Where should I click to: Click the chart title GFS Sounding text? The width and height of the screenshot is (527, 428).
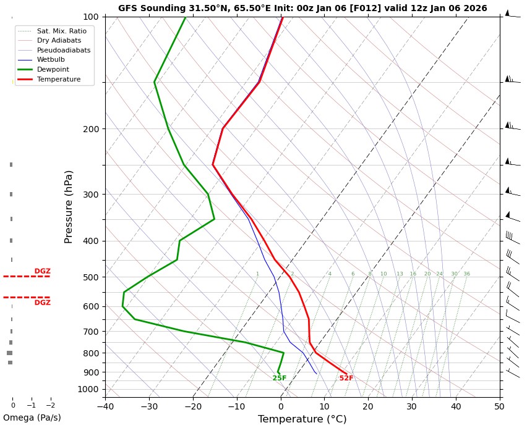tap(302, 9)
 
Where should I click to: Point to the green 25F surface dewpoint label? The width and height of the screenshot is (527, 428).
tap(280, 379)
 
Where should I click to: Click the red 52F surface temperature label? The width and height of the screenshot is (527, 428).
tap(346, 379)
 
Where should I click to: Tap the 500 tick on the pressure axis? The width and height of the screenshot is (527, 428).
tap(91, 277)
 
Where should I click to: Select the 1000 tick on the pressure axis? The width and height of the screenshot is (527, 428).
tap(88, 389)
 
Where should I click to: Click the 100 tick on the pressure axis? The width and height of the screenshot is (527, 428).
tap(91, 17)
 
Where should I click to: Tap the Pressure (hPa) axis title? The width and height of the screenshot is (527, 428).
tap(69, 206)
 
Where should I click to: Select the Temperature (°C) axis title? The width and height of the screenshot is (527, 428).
tap(302, 419)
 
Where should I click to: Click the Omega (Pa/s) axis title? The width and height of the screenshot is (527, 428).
tap(32, 418)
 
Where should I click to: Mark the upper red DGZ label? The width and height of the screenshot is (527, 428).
tap(43, 272)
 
